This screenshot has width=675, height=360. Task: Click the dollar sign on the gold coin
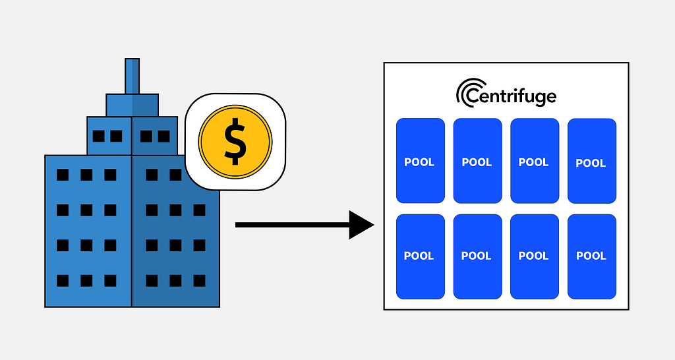click(x=235, y=142)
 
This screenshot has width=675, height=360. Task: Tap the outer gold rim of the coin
click(x=235, y=106)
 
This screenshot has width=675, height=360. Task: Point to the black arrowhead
click(x=361, y=225)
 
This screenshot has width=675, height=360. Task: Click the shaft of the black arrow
click(x=292, y=225)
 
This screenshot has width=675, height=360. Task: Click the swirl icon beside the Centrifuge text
click(x=465, y=91)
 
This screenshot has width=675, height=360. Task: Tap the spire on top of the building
click(x=132, y=76)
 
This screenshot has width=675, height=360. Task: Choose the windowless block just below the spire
click(x=132, y=105)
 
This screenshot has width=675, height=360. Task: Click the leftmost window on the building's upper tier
click(x=99, y=136)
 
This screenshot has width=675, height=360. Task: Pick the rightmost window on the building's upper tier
click(x=163, y=136)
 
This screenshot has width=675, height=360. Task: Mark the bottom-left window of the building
click(x=63, y=281)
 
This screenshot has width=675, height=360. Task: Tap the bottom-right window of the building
click(x=199, y=281)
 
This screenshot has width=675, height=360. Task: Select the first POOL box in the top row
click(x=420, y=161)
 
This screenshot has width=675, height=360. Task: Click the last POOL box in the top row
click(x=592, y=161)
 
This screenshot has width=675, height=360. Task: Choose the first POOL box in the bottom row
click(x=420, y=256)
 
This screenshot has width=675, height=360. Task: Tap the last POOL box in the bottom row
click(x=592, y=256)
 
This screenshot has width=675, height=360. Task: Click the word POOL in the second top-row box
click(x=477, y=162)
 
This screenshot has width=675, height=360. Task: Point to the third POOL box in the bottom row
click(x=535, y=256)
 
